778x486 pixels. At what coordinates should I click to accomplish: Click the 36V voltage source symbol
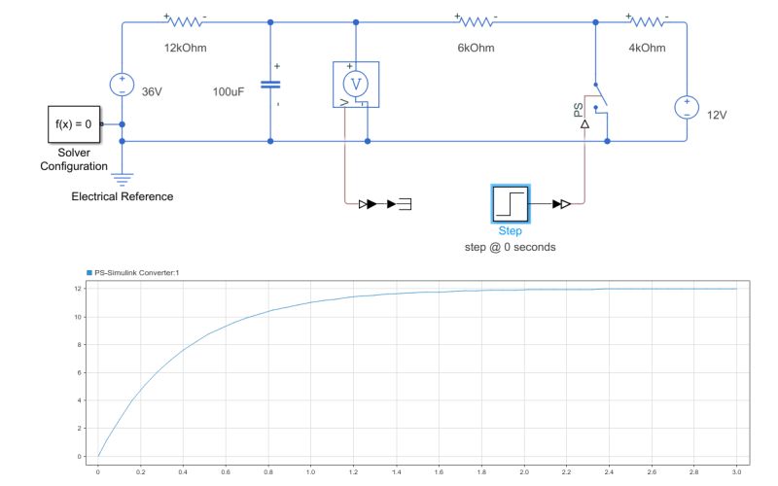pyautogui.click(x=122, y=85)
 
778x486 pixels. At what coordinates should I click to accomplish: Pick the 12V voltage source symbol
pyautogui.click(x=686, y=107)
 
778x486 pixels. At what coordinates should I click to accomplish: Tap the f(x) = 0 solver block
pyautogui.click(x=73, y=124)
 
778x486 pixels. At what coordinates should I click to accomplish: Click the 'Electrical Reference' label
pyautogui.click(x=123, y=196)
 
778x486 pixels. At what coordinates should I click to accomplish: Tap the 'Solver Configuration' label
pyautogui.click(x=73, y=159)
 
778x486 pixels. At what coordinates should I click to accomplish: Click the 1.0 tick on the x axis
pyautogui.click(x=310, y=471)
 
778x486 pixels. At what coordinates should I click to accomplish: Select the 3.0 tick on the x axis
pyautogui.click(x=736, y=471)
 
